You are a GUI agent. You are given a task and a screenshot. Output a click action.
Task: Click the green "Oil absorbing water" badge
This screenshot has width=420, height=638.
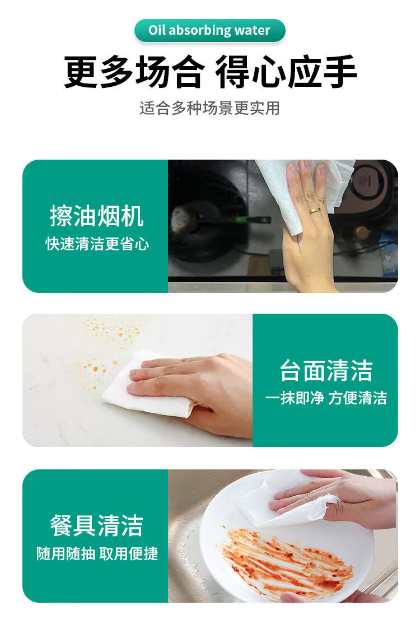tap(209, 30)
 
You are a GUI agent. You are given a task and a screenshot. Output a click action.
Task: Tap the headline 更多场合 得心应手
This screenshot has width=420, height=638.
tap(211, 72)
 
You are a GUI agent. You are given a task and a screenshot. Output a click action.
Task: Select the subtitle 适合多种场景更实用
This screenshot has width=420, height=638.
tap(209, 108)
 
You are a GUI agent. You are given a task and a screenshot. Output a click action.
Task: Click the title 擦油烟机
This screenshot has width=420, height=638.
tap(96, 216)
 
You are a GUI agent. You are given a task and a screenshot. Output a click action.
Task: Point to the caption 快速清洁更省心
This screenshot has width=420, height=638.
tap(97, 244)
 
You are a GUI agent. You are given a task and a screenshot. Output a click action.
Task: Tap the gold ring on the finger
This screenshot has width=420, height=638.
tap(315, 211)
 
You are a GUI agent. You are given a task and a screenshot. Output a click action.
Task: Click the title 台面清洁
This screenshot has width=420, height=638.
tap(326, 370)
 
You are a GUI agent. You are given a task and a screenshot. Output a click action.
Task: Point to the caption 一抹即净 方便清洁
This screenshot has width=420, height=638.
tap(326, 398)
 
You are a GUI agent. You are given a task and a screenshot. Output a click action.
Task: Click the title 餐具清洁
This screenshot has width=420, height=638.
tap(96, 526)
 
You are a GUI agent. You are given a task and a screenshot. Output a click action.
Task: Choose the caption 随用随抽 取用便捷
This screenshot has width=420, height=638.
tap(97, 553)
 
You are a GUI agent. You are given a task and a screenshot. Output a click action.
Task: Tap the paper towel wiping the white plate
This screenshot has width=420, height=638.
tap(285, 500)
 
